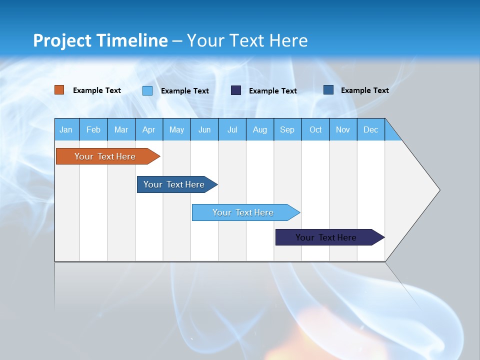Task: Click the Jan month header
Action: click(x=66, y=129)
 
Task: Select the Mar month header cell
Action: click(x=121, y=129)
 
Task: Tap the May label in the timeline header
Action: click(x=176, y=129)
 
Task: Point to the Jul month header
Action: click(x=232, y=129)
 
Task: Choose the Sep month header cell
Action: click(x=287, y=129)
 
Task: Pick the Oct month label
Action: click(x=315, y=129)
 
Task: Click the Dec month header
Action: click(x=370, y=129)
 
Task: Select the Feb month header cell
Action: click(x=93, y=129)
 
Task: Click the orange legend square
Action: click(x=59, y=90)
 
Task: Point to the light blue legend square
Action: click(x=147, y=90)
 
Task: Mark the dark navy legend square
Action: click(x=236, y=90)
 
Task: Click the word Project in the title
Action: click(x=62, y=40)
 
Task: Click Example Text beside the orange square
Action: click(x=97, y=90)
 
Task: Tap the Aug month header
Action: click(x=259, y=129)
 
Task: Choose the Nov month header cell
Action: click(x=343, y=129)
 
